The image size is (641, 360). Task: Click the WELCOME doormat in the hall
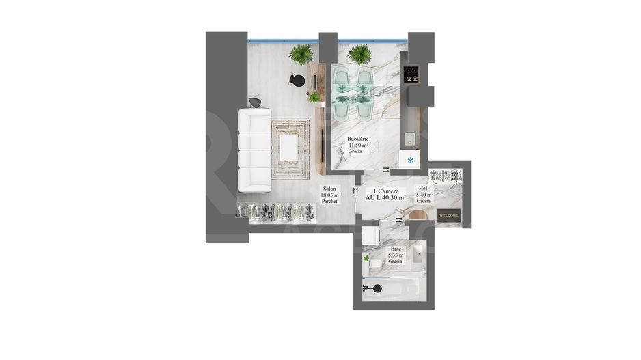pos(448,215)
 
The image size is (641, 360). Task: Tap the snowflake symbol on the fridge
pos(410,161)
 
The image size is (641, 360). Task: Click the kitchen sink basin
pos(410,137)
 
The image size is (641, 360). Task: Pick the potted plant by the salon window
pos(301,54)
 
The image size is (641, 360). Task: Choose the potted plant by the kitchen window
pos(359,54)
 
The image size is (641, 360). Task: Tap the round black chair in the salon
pos(297,79)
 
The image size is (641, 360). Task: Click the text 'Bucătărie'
pos(358,139)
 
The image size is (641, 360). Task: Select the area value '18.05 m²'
pos(330,195)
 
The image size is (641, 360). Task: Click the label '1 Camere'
pos(387,191)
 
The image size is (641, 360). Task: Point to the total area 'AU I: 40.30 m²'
pos(385,197)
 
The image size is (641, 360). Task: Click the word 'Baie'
pos(396,249)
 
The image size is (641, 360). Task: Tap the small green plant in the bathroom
pos(366,258)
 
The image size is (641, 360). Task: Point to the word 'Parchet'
pos(330,202)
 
